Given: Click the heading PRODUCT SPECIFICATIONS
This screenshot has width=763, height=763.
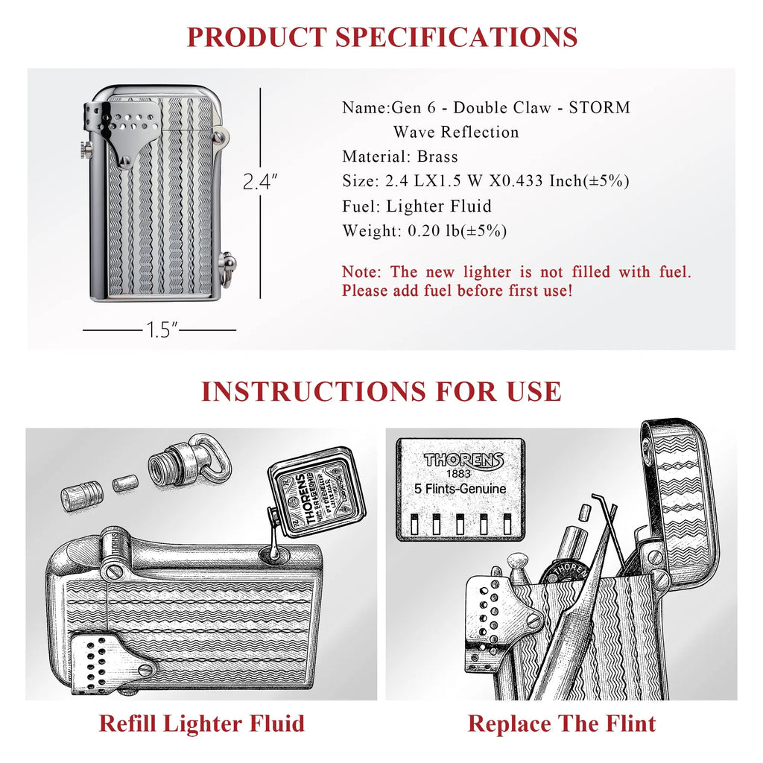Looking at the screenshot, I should [x=381, y=37].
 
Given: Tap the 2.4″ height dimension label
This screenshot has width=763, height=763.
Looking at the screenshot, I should [x=260, y=182].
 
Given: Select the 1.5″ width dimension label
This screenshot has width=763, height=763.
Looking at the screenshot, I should [x=159, y=330].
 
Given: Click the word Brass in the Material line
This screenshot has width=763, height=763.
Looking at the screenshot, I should [x=437, y=156].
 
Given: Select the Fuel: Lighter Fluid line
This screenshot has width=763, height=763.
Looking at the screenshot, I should [x=417, y=206].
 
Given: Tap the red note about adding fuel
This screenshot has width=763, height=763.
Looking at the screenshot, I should [x=516, y=282].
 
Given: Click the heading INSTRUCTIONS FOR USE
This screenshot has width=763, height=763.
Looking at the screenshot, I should [x=381, y=392].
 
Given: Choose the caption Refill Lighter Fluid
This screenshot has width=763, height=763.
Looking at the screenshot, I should [x=201, y=724].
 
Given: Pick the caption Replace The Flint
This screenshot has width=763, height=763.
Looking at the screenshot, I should [x=562, y=724].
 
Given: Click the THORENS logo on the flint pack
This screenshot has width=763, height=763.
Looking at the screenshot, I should [x=463, y=460].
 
